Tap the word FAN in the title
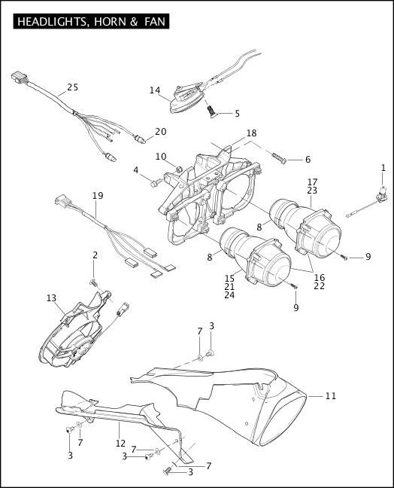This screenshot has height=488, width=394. [155, 22]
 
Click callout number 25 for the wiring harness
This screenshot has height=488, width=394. [73, 87]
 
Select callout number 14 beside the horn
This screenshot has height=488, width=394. [155, 90]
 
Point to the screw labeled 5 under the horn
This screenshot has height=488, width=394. [212, 112]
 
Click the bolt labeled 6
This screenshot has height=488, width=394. [279, 158]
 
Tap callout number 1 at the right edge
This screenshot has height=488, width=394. [383, 168]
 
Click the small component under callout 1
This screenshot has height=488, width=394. [383, 194]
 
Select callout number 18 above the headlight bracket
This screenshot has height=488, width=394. [251, 133]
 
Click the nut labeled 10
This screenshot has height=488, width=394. [179, 169]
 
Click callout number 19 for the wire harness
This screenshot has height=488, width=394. [98, 196]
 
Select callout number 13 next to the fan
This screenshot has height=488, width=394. [51, 298]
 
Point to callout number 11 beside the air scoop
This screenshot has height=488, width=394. [331, 396]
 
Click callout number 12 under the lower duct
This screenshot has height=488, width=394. [120, 443]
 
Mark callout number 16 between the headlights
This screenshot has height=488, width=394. [319, 277]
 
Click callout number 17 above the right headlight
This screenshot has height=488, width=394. [312, 181]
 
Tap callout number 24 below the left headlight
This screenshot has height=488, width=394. [229, 295]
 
